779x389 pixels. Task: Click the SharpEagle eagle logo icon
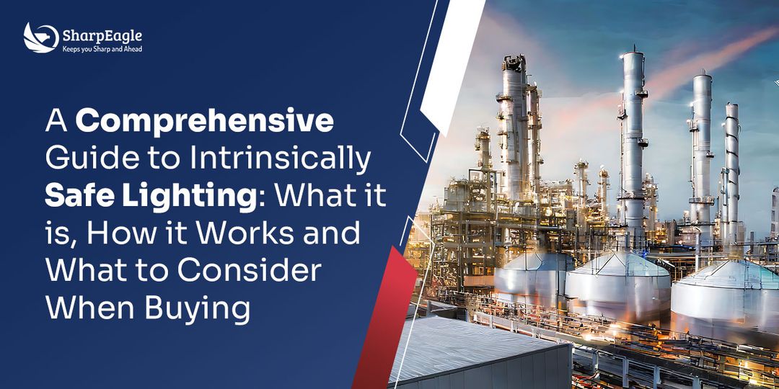tap(40, 37)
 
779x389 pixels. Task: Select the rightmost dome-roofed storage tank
tap(725, 295)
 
